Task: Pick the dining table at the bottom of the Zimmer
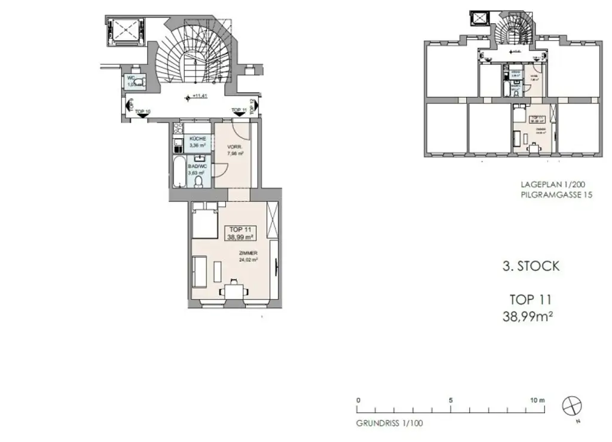tap(234, 292)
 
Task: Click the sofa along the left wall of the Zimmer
tap(200, 272)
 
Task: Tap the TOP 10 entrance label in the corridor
tap(143, 112)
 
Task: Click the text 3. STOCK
tap(531, 266)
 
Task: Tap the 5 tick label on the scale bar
tap(451, 400)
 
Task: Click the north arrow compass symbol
tap(571, 406)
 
